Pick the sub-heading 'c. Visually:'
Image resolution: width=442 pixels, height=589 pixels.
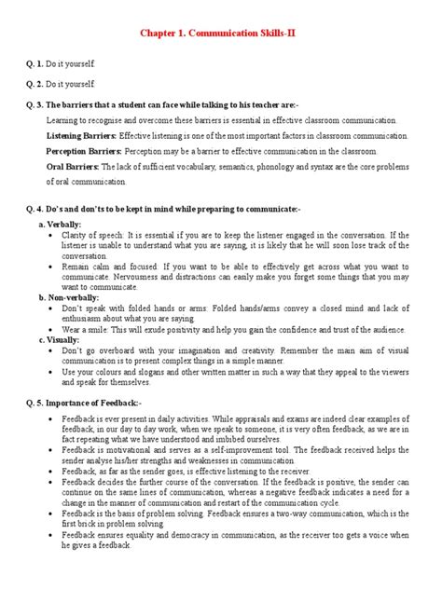pos(60,340)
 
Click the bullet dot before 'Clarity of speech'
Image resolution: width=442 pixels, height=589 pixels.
pos(48,236)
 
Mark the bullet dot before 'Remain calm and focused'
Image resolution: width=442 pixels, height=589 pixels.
pos(48,266)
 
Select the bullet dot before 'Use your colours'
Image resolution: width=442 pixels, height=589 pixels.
pos(48,370)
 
